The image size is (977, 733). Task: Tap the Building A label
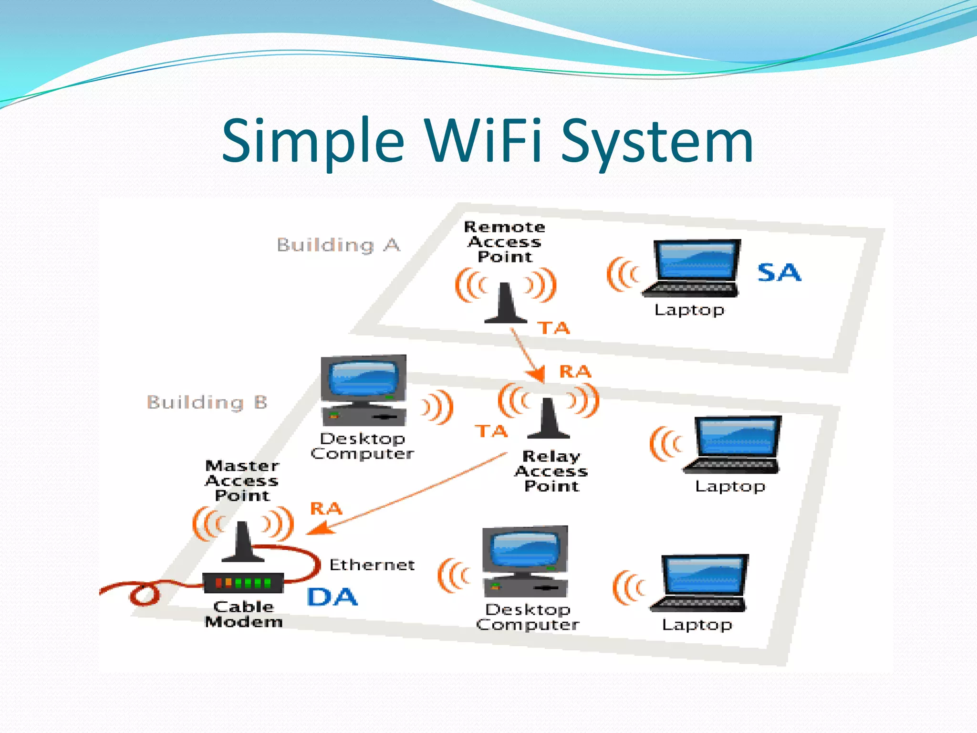[338, 245]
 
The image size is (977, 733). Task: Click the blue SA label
[779, 272]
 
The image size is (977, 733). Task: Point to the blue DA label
[332, 597]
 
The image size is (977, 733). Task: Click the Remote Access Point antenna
[505, 304]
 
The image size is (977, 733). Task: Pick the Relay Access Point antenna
[548, 419]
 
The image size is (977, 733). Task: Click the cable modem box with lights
[243, 583]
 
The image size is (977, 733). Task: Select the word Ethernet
[372, 565]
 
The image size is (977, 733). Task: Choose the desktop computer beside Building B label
[364, 390]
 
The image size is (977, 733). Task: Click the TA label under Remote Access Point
[553, 328]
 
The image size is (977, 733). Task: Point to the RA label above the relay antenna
[575, 371]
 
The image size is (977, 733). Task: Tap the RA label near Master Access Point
[326, 508]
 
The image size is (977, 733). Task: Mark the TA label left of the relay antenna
[491, 431]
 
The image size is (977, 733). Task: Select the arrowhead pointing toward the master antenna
[319, 529]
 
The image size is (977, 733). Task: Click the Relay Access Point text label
[551, 471]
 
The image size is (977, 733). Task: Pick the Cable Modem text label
[244, 614]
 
